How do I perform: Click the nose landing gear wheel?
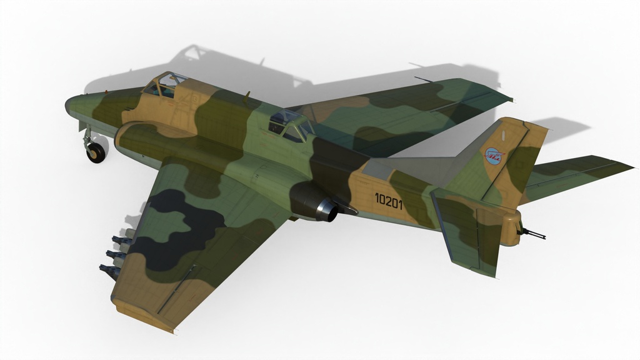[96, 152]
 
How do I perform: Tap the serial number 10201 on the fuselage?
[389, 201]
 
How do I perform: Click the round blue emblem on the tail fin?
[494, 156]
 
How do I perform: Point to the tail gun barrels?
[532, 234]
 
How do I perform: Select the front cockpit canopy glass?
[163, 85]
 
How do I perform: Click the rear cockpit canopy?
[291, 124]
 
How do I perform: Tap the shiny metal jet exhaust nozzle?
[330, 210]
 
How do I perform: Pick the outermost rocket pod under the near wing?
[109, 271]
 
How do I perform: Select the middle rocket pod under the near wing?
[116, 256]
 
